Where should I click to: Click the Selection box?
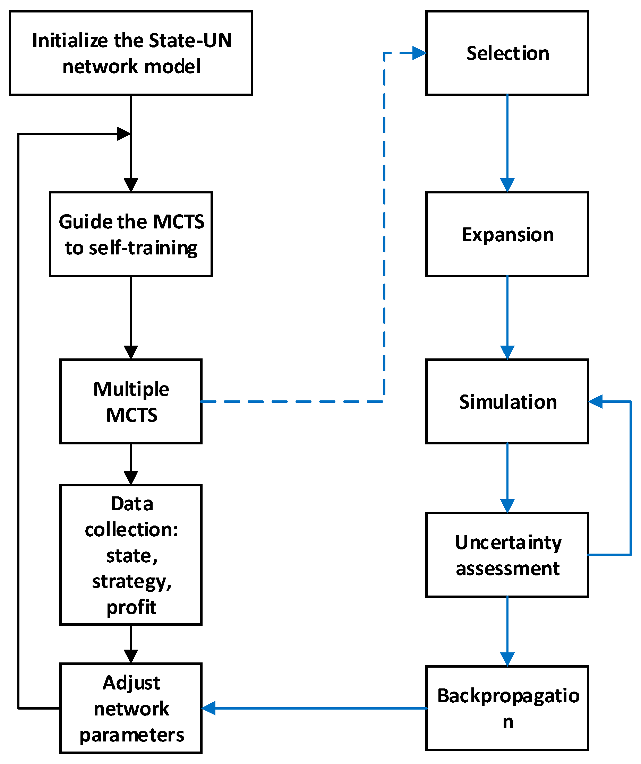pos(507,53)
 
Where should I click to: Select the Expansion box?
pos(507,235)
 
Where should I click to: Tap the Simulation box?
pos(507,402)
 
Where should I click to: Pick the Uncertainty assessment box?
pos(507,555)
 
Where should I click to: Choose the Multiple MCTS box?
pos(131,402)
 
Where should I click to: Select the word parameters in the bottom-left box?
pos(131,735)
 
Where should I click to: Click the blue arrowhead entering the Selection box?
pos(419,53)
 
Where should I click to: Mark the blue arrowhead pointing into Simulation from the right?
pos(596,402)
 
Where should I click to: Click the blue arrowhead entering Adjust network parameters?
pos(208,708)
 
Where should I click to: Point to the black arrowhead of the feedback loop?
pos(123,134)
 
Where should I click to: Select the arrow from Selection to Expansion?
pos(507,142)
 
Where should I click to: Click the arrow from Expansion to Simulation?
pos(507,316)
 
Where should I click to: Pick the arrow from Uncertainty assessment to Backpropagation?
pos(507,631)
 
